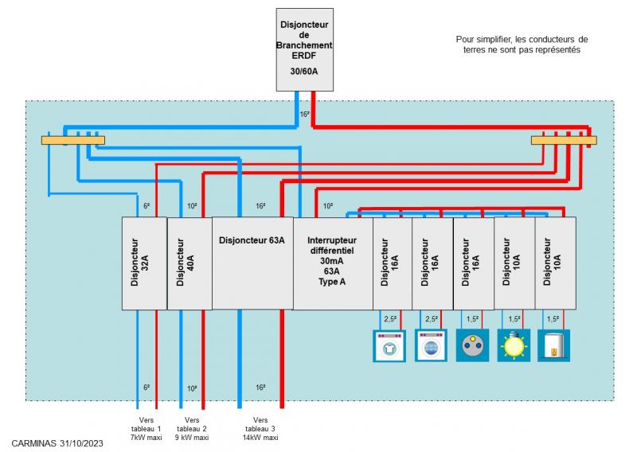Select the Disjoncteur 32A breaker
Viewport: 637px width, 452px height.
point(144,263)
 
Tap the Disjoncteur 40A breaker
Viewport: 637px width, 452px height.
point(190,263)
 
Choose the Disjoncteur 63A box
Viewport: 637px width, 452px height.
point(252,263)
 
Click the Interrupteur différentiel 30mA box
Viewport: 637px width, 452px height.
point(333,263)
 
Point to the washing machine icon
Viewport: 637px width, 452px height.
point(431,346)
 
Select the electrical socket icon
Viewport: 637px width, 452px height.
point(472,346)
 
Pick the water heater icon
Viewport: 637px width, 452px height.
point(553,346)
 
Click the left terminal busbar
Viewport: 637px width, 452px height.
point(72,141)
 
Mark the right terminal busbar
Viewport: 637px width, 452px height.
point(563,141)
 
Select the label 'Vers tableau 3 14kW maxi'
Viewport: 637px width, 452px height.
point(260,428)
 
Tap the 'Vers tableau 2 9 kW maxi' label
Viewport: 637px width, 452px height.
point(191,428)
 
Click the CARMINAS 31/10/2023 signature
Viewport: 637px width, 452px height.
point(58,442)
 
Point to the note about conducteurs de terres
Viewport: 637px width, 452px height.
point(522,44)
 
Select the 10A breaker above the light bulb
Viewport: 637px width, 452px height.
point(514,263)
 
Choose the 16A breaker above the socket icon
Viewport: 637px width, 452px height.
point(473,263)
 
